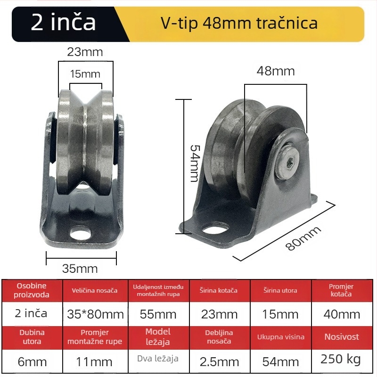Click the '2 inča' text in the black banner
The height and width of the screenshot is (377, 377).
click(63, 22)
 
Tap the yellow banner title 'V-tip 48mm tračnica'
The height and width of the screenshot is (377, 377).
click(239, 23)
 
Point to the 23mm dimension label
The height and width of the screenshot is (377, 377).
click(85, 52)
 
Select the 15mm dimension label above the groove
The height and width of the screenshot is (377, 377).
click(85, 74)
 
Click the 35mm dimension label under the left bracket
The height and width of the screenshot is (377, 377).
click(80, 269)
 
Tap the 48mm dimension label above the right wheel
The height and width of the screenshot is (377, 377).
click(276, 71)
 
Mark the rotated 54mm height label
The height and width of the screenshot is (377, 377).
click(194, 163)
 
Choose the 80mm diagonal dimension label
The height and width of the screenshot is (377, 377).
click(303, 238)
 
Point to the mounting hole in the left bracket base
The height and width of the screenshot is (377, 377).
click(81, 233)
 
